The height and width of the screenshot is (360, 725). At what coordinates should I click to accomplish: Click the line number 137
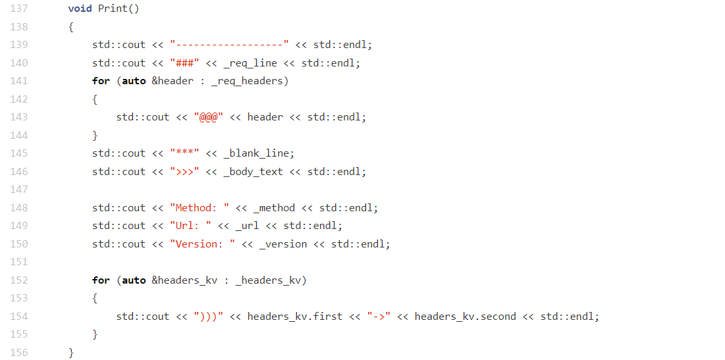click(19, 9)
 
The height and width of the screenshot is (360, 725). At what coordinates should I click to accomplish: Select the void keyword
click(80, 9)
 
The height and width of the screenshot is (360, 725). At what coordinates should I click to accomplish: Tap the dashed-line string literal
click(229, 45)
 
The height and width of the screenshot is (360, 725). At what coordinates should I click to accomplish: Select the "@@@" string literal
click(208, 117)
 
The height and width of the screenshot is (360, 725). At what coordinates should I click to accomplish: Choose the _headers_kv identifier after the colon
click(271, 280)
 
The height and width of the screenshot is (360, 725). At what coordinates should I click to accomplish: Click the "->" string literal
click(379, 317)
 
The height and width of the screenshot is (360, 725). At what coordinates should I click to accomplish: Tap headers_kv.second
click(465, 317)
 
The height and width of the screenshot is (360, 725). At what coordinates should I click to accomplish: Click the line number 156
click(19, 353)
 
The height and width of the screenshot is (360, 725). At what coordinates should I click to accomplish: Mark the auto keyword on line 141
click(134, 81)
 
